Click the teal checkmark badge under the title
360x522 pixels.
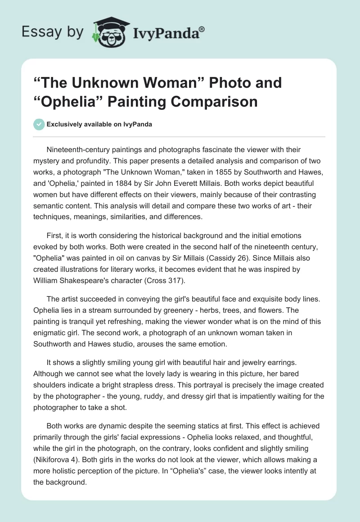(39, 124)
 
